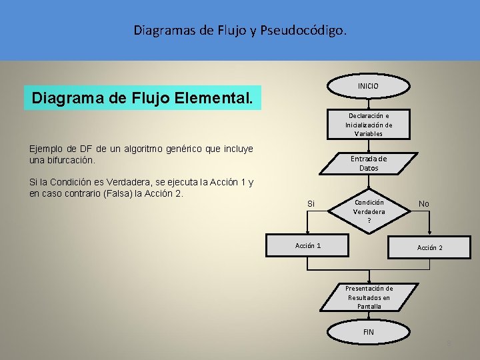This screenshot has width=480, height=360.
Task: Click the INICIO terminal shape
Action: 368,86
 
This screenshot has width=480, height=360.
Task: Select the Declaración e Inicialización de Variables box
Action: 369,125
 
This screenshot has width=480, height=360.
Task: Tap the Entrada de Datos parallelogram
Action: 369,163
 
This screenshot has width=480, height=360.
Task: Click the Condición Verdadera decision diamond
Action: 369,211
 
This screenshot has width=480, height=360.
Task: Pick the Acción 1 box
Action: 308,246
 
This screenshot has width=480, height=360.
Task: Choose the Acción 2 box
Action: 429,247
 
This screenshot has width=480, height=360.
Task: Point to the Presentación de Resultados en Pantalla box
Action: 369,297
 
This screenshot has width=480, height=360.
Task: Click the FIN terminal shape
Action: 369,332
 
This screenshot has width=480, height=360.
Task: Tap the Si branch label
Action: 311,203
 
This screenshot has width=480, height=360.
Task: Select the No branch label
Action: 424,203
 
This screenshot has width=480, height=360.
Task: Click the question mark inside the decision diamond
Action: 369,220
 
